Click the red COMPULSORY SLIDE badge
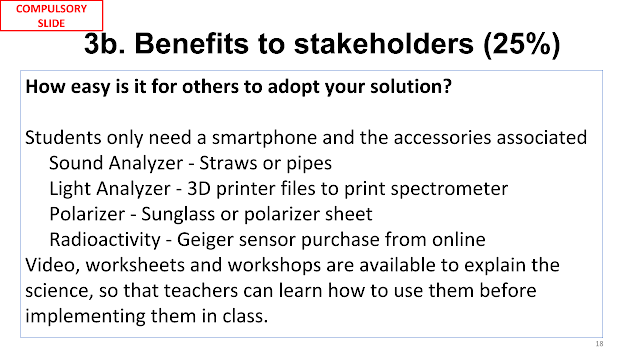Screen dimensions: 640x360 click(x=51, y=16)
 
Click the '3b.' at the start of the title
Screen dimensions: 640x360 click(x=105, y=44)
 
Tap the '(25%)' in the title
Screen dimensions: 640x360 click(x=522, y=44)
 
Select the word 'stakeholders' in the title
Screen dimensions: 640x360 click(x=384, y=44)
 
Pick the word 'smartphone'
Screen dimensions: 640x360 click(x=265, y=138)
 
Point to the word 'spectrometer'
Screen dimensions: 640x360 click(x=449, y=189)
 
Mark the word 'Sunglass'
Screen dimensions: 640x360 click(x=178, y=215)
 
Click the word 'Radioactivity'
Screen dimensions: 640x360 click(x=105, y=240)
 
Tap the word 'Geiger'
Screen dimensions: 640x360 click(x=205, y=240)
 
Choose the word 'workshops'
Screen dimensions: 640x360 click(x=274, y=266)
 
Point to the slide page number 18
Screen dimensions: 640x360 click(x=599, y=344)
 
